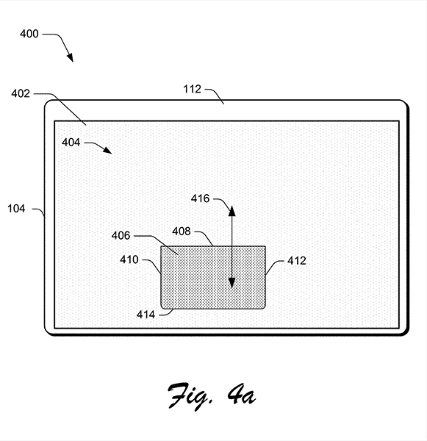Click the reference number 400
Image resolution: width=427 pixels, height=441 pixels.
(x=29, y=34)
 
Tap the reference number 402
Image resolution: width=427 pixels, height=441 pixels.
(x=21, y=93)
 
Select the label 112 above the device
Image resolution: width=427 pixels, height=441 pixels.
(x=193, y=89)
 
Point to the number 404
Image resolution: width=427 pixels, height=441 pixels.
(x=71, y=143)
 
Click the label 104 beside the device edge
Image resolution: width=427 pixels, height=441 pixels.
(x=16, y=209)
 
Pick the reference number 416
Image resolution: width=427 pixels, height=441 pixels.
(x=201, y=198)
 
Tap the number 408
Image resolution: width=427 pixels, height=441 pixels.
(x=182, y=232)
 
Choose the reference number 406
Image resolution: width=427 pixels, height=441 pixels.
(x=121, y=235)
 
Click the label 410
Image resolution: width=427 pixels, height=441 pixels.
(x=129, y=259)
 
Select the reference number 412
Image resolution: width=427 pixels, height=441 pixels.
(x=297, y=261)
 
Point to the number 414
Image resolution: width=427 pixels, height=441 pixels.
(x=146, y=315)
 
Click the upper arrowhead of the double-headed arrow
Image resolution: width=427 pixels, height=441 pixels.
(x=232, y=210)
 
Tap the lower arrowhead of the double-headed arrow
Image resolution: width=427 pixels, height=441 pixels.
(x=232, y=283)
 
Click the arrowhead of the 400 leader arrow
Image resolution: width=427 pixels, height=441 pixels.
(x=71, y=57)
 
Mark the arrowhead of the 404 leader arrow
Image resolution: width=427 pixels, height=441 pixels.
(x=108, y=150)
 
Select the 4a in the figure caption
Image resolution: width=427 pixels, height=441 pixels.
(x=242, y=394)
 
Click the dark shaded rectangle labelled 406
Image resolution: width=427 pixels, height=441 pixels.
(x=213, y=277)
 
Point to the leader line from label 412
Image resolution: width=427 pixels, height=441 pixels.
(x=274, y=266)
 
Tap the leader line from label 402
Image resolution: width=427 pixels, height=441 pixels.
(x=60, y=108)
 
